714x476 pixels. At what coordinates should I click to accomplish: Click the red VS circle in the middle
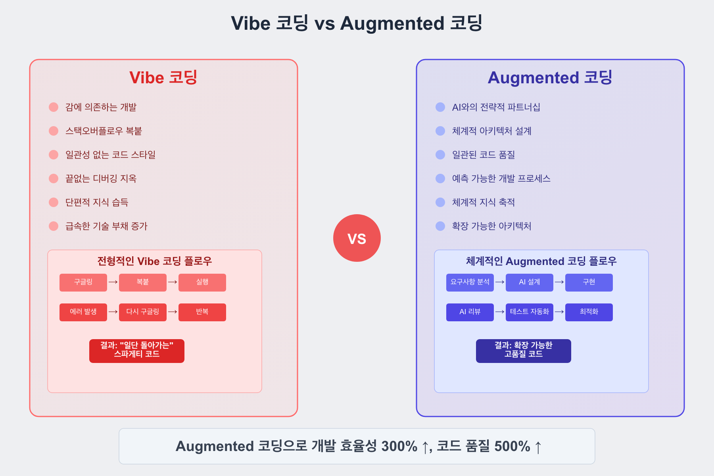point(357,238)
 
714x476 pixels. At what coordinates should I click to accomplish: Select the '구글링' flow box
point(83,282)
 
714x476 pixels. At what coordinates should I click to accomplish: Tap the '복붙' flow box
point(143,282)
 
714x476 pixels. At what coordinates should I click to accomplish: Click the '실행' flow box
point(202,282)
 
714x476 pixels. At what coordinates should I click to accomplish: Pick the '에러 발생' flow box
point(83,312)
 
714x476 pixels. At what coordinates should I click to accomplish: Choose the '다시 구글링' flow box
point(143,312)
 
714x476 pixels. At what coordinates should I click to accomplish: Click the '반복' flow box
point(202,312)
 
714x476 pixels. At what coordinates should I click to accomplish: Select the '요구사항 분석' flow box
point(470,282)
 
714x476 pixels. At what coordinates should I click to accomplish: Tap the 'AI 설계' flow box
point(530,282)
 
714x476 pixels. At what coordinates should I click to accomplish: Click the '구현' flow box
point(589,282)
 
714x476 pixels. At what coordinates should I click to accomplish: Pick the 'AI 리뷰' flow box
point(470,312)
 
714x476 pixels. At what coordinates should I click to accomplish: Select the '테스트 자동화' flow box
point(530,312)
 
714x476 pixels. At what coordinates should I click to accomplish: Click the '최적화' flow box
point(589,312)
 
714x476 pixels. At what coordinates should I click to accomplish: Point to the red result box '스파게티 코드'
point(137,351)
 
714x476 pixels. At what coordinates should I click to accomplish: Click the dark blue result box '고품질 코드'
point(524,351)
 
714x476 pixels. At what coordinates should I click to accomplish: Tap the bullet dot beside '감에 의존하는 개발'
point(54,107)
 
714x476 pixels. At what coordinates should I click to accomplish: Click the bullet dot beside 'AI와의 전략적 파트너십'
point(440,107)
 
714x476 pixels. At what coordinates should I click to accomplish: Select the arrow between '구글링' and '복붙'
point(113,282)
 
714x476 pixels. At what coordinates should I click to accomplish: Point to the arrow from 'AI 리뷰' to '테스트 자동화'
point(500,312)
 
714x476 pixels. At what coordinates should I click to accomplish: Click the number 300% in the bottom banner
point(399,446)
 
